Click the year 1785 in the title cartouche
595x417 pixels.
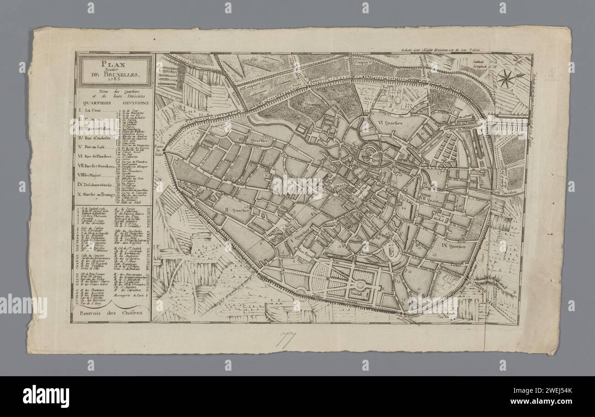pyautogui.click(x=114, y=79)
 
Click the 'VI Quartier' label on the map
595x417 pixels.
pyautogui.click(x=386, y=123)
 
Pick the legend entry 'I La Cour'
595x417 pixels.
pyautogui.click(x=92, y=111)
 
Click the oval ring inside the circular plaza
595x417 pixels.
pyautogui.click(x=390, y=251)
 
